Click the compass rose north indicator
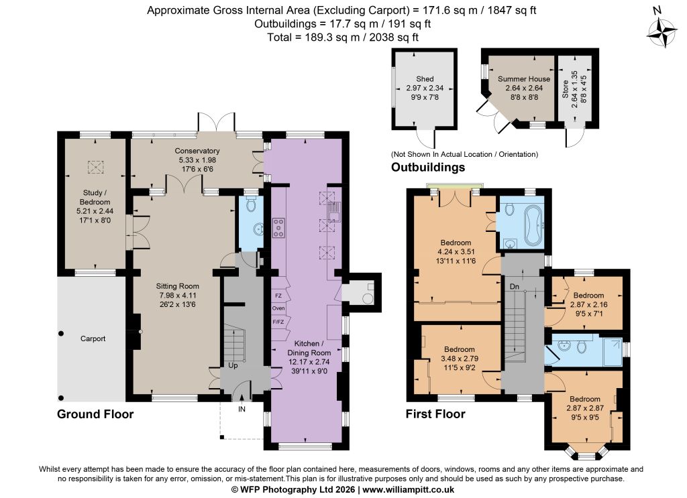click(x=662, y=29)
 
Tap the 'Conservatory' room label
click(x=197, y=151)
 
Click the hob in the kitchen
click(x=278, y=228)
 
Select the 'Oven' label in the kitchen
click(x=278, y=308)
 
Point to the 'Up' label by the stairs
click(x=233, y=365)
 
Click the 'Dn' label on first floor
click(x=515, y=287)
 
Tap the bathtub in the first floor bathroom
click(x=533, y=225)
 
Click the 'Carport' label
click(x=93, y=338)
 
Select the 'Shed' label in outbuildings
click(x=425, y=79)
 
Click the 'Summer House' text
click(x=524, y=79)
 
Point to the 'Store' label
click(x=565, y=88)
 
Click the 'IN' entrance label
click(x=242, y=409)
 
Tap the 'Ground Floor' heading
click(x=95, y=414)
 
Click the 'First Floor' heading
click(x=435, y=414)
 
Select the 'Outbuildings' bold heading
click(x=428, y=167)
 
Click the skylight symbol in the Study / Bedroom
click(x=95, y=167)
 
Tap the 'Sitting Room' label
click(x=177, y=286)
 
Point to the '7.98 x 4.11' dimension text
click(x=177, y=296)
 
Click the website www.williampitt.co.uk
click(x=408, y=490)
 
